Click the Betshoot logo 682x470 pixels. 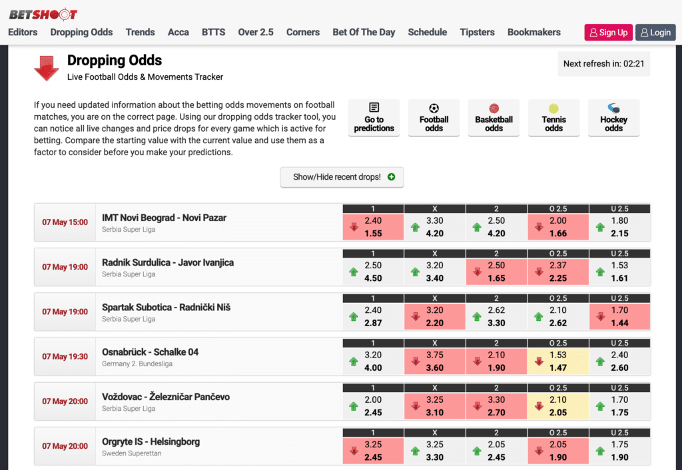(x=43, y=14)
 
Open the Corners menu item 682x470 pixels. (x=303, y=32)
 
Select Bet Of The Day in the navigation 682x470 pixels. (x=364, y=32)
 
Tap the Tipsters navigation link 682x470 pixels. (x=477, y=32)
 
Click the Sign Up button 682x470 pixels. (x=608, y=33)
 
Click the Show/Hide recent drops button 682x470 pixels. (x=342, y=177)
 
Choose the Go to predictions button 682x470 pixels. (x=374, y=118)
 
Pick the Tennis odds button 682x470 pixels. (x=553, y=118)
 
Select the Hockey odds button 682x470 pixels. (x=613, y=118)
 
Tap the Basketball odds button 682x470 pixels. (x=494, y=118)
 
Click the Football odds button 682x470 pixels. (x=434, y=118)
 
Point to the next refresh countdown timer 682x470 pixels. (x=603, y=64)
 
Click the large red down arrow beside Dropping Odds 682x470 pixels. (x=47, y=68)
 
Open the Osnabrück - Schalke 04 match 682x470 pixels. (x=150, y=352)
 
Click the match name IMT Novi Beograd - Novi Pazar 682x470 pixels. (x=164, y=218)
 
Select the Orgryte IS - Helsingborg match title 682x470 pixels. (x=151, y=441)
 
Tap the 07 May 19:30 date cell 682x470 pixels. (x=65, y=357)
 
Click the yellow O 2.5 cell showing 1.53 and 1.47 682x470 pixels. (x=558, y=361)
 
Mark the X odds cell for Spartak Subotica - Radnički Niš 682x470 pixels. (x=434, y=316)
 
